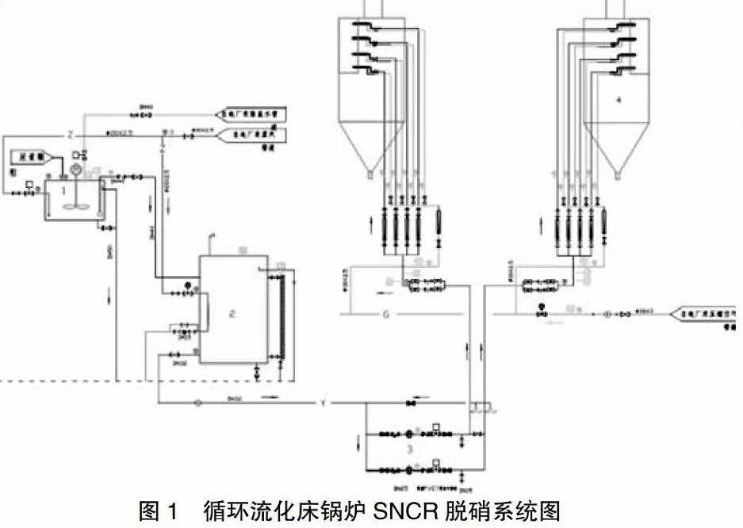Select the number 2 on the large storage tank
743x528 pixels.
click(232, 314)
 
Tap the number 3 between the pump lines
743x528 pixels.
click(409, 449)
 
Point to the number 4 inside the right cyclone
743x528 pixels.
click(619, 101)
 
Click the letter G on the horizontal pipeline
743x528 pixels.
click(386, 315)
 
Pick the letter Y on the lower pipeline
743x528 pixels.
click(324, 404)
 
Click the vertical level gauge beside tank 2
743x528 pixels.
click(276, 317)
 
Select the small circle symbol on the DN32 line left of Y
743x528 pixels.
click(197, 404)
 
